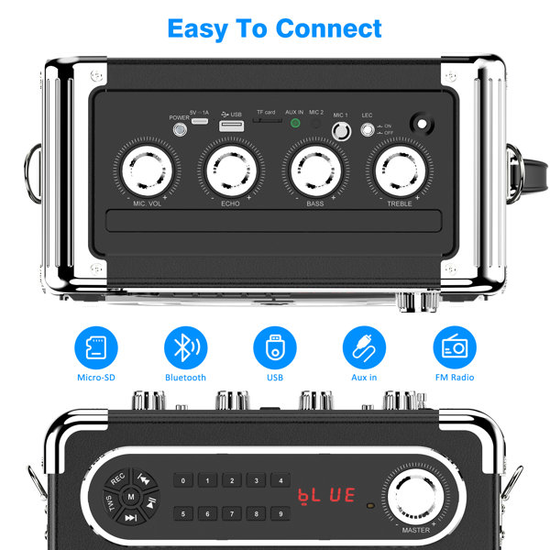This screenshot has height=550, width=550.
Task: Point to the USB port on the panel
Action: (x=232, y=124)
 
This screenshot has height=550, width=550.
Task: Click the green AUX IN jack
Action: (x=295, y=124)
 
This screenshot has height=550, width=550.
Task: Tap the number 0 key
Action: (x=183, y=481)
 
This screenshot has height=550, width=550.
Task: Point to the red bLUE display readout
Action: (x=325, y=496)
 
